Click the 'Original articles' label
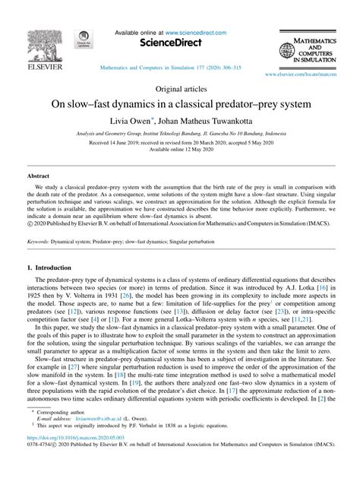179,89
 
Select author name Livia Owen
133,120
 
